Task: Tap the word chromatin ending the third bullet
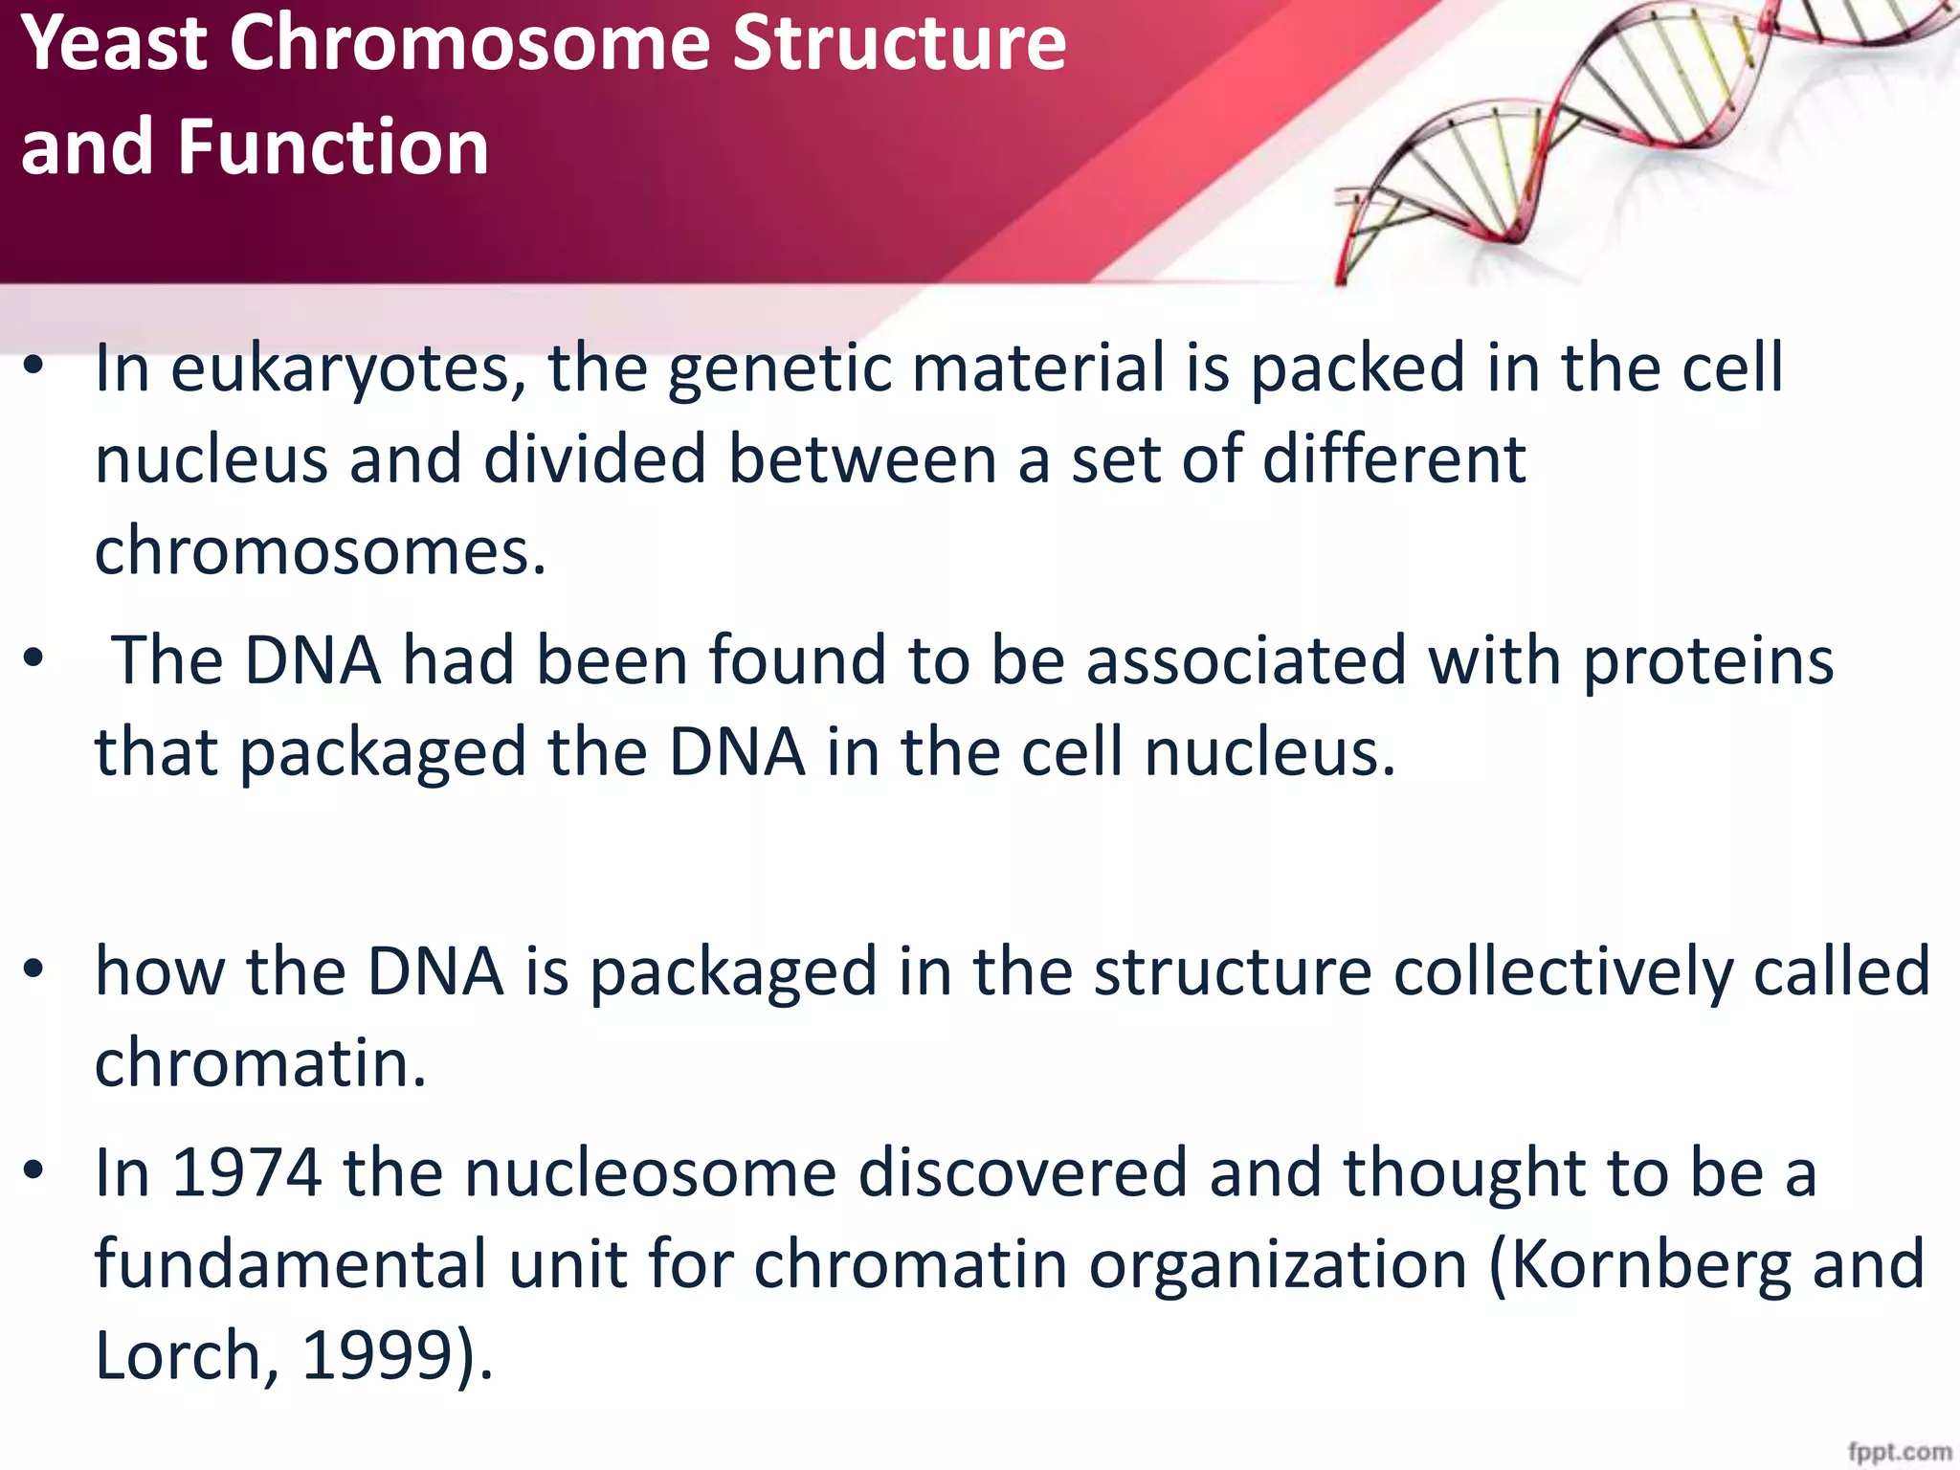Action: pyautogui.click(x=259, y=1063)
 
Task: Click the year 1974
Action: pyautogui.click(x=246, y=1173)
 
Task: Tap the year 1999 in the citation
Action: pyautogui.click(x=377, y=1356)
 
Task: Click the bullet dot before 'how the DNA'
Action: pyautogui.click(x=34, y=970)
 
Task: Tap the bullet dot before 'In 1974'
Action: pyautogui.click(x=34, y=1171)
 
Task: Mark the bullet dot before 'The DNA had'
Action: pyautogui.click(x=34, y=658)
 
